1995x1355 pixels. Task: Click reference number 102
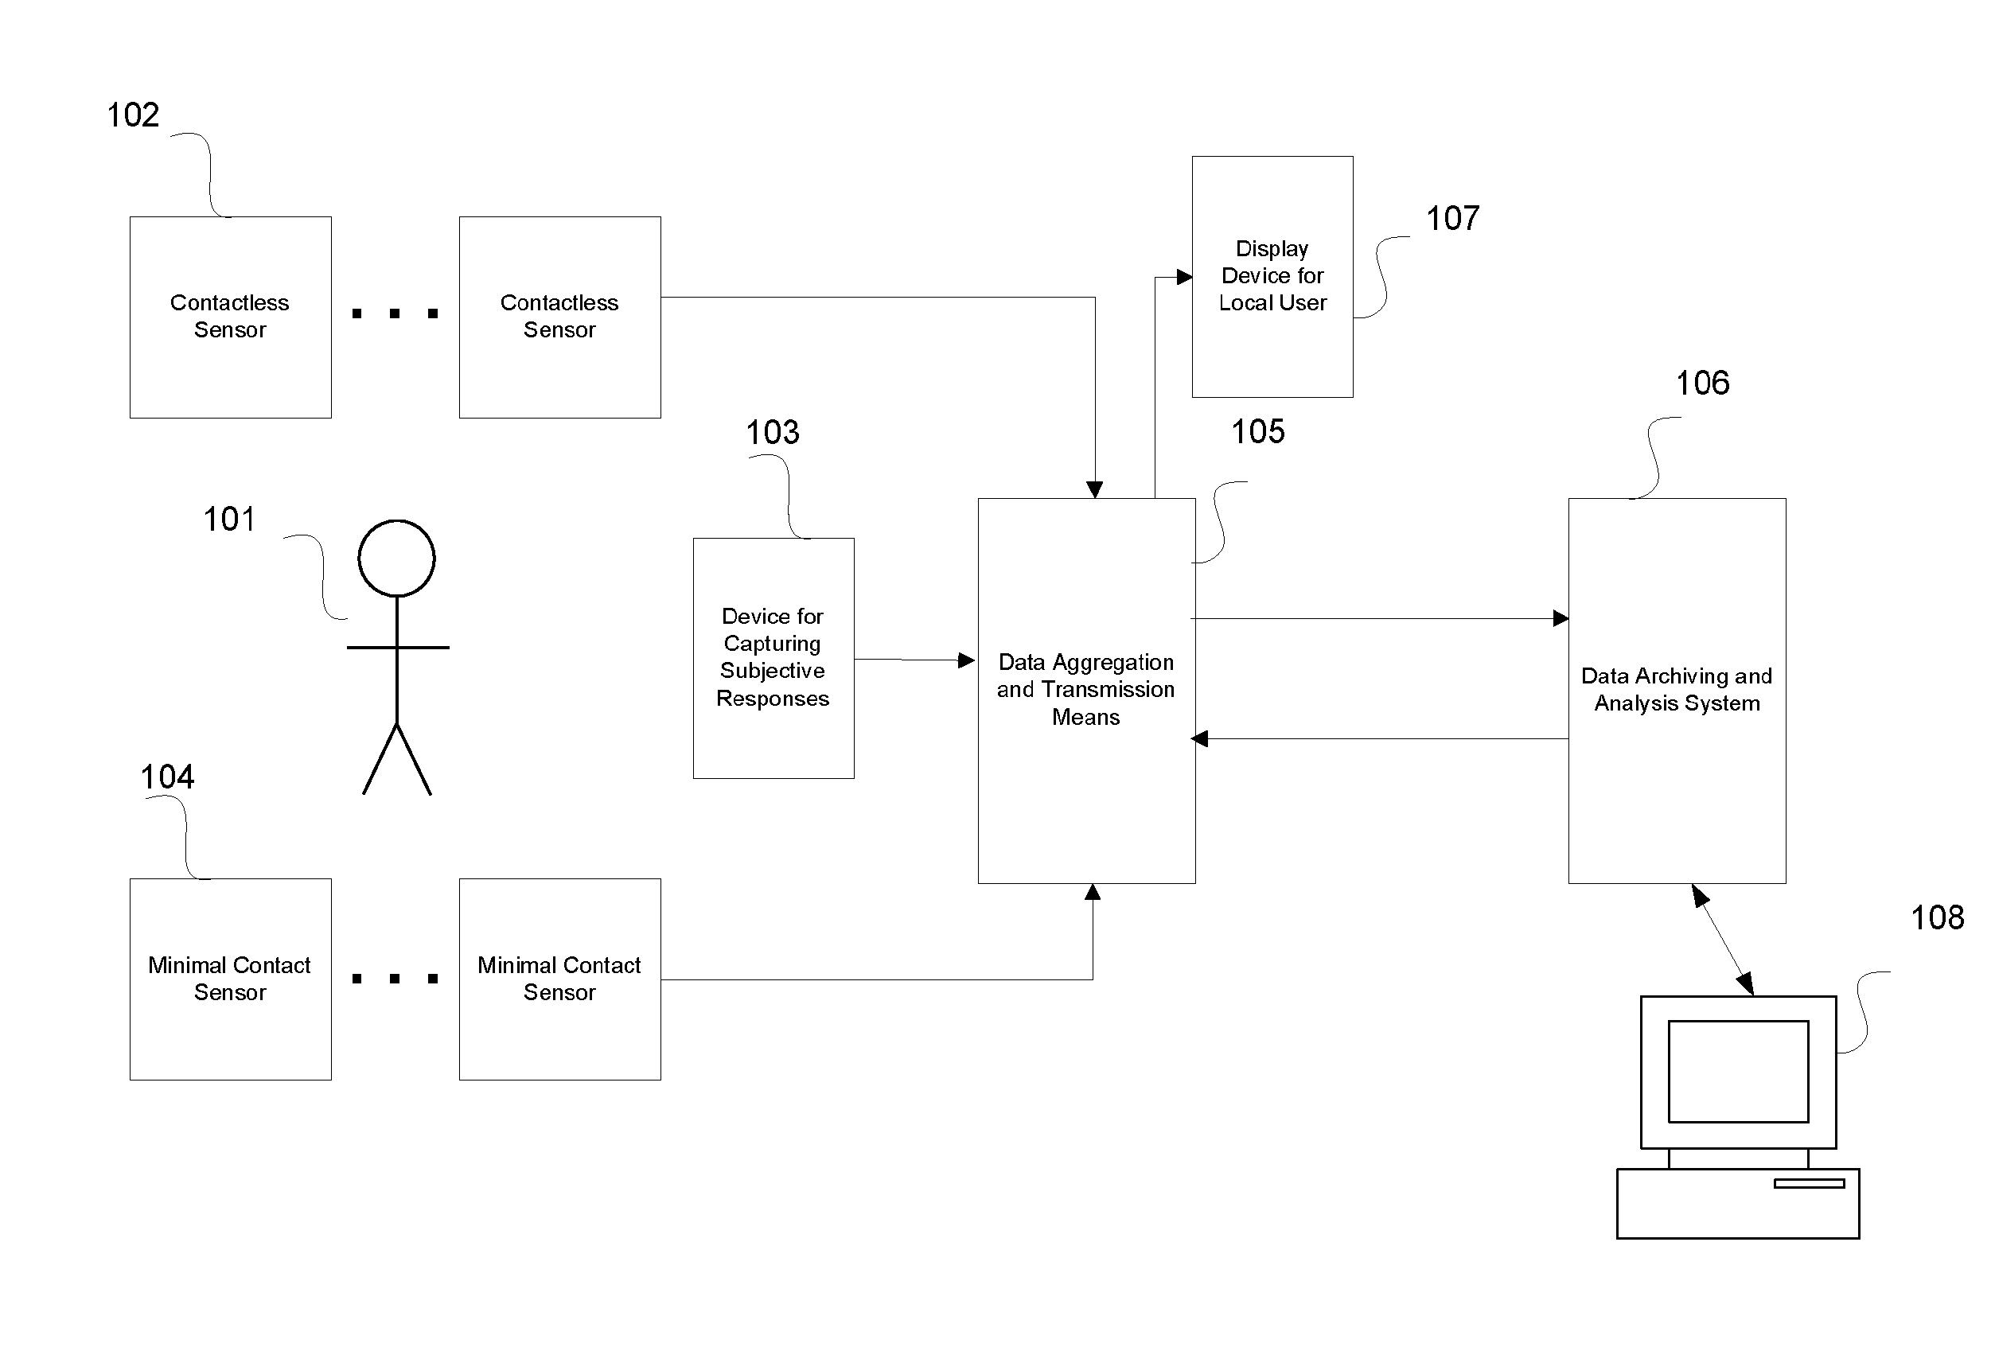[x=133, y=115]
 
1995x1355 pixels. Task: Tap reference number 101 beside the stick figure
[x=229, y=520]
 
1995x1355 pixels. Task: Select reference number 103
[x=772, y=432]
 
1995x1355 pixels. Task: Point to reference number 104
[x=167, y=777]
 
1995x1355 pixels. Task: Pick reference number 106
[x=1702, y=383]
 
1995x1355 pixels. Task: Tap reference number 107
[x=1452, y=218]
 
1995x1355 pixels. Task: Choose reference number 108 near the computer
[x=1937, y=917]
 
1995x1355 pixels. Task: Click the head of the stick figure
[x=396, y=558]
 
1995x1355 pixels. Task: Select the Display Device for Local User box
[x=1272, y=276]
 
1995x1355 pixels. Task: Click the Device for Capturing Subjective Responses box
[x=773, y=657]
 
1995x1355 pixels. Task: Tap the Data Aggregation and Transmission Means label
[x=1086, y=689]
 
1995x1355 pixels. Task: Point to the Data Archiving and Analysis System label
[x=1677, y=689]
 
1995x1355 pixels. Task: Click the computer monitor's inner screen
[x=1737, y=1071]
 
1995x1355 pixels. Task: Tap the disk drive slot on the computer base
[x=1809, y=1183]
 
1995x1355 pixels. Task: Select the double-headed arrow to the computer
[x=1722, y=940]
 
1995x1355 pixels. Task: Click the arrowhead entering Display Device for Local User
[x=1184, y=277]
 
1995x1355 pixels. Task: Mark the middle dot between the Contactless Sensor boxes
[x=395, y=314]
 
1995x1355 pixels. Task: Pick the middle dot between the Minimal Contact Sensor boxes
[x=395, y=979]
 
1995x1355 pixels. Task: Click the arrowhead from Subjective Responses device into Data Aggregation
[x=966, y=660]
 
